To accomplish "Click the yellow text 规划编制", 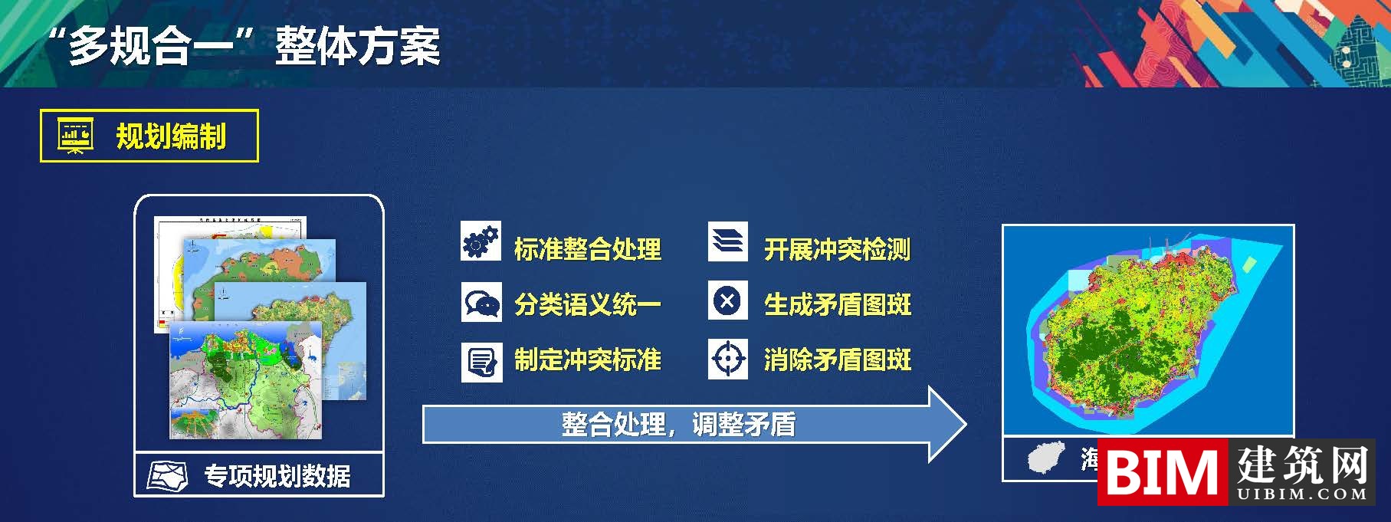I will point(171,136).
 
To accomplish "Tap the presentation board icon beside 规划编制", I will point(75,136).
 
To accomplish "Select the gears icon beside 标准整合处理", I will point(481,241).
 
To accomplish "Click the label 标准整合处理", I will point(587,249).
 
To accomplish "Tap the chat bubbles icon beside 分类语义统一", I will point(481,303).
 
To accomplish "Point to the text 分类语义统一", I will point(587,304).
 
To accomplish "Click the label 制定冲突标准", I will point(587,359).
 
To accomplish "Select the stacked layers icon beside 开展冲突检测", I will point(727,241).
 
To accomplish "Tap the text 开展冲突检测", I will point(837,249).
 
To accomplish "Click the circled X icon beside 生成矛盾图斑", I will point(727,300).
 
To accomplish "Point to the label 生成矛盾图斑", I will point(837,304).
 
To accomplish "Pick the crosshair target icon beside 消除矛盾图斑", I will point(727,358).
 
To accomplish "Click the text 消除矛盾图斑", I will point(837,359).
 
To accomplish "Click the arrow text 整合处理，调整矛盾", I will point(678,424).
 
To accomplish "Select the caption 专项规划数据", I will point(277,476).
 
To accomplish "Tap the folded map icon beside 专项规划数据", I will point(168,476).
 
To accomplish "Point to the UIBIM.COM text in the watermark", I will point(1302,494).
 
